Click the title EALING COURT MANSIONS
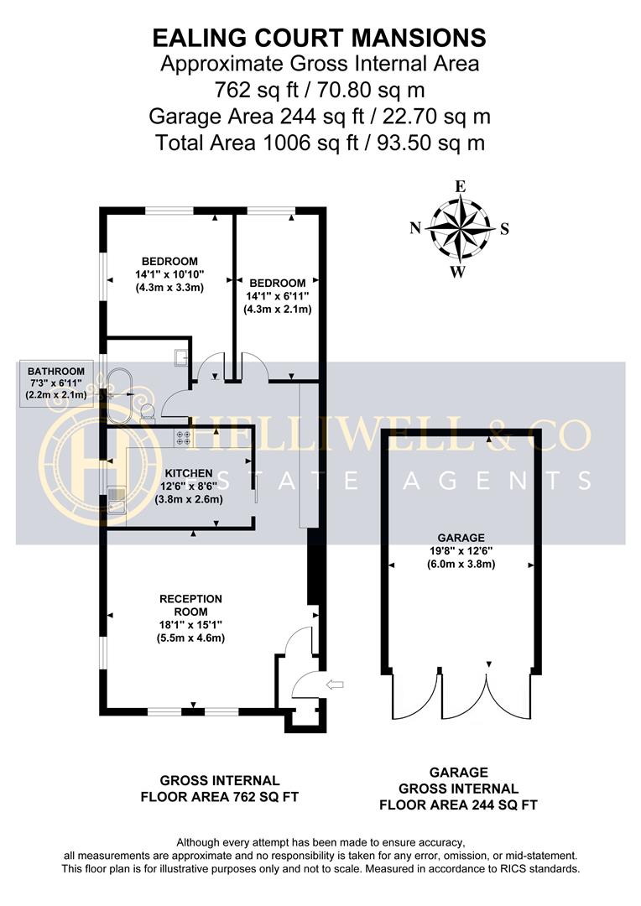click(x=319, y=38)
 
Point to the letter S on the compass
click(x=504, y=228)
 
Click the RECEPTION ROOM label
click(x=191, y=605)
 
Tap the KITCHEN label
click(x=188, y=473)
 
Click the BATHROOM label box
click(x=56, y=383)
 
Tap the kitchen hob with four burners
click(x=181, y=437)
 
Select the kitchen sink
click(x=116, y=499)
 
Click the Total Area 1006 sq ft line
click(x=319, y=143)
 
